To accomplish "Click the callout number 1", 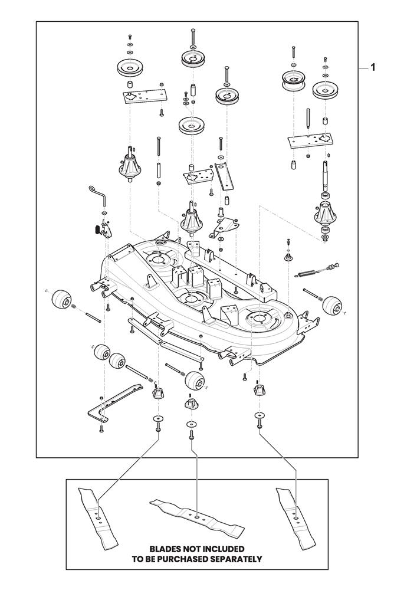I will (372, 68).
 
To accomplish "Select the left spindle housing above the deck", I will (130, 166).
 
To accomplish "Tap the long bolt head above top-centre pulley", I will (193, 30).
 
